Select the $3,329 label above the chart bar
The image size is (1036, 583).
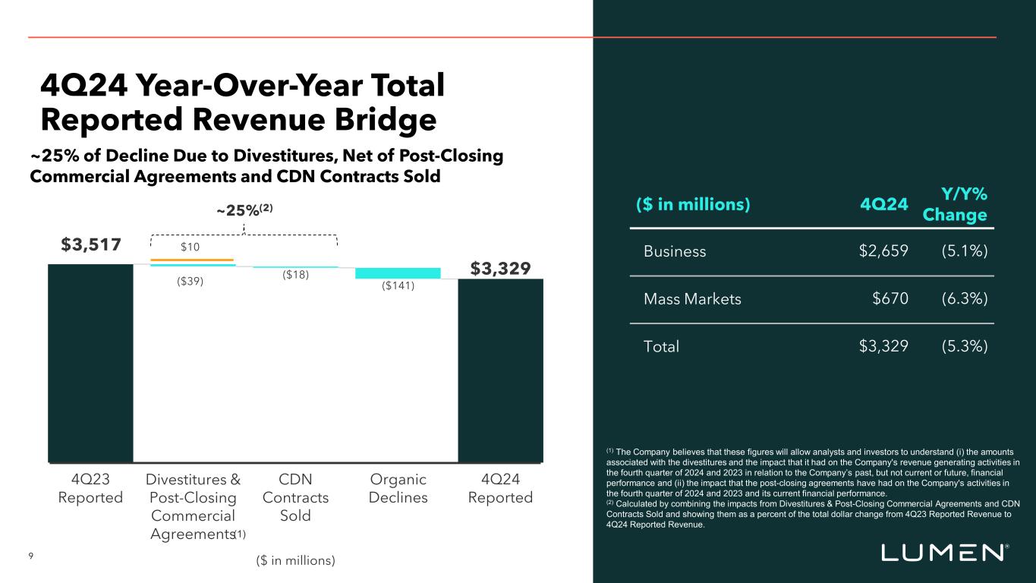pos(500,269)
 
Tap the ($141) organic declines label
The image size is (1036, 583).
pos(398,287)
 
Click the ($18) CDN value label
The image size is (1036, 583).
pos(295,276)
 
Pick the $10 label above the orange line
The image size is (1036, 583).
pos(191,247)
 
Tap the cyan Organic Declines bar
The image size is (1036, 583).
pos(398,273)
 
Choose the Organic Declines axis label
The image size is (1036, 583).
pos(398,489)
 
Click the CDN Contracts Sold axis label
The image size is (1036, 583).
pos(295,497)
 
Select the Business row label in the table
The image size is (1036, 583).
pos(675,251)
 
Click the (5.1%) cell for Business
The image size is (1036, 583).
pos(964,251)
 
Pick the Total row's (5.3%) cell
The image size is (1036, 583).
pos(964,347)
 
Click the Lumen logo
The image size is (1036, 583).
pos(944,553)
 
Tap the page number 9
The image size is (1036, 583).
pos(30,556)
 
